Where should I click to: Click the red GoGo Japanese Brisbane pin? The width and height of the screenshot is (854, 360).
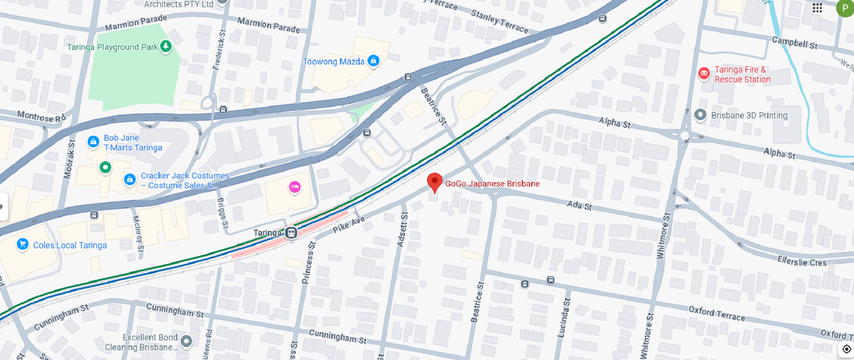point(435,182)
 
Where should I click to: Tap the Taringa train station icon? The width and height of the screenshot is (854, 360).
point(291,233)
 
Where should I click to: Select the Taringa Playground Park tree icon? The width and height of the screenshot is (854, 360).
point(166,46)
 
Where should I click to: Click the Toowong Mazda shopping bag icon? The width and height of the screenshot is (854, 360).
point(374,61)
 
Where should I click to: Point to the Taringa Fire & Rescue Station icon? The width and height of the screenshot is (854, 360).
point(704,73)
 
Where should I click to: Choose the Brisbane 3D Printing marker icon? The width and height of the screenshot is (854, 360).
point(700,115)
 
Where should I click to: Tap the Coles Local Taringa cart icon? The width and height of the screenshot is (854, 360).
point(23,244)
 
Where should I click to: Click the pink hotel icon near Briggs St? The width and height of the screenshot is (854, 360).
point(294,187)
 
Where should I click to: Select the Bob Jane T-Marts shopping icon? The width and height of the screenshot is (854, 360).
point(93,142)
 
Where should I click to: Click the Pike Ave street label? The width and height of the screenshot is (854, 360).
point(349,224)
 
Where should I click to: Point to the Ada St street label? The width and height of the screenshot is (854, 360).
point(579,205)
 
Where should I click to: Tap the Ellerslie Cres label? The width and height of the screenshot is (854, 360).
point(802,262)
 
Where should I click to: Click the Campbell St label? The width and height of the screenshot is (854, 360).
point(794,43)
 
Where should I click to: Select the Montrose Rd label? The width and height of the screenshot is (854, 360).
point(41,117)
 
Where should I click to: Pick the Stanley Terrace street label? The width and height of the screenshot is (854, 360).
point(500,21)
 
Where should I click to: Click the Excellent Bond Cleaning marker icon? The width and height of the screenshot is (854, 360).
point(186,341)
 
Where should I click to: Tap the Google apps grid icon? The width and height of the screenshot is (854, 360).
point(817,8)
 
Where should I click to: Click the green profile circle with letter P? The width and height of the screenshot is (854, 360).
point(845,8)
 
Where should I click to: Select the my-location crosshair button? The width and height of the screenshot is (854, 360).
point(846,349)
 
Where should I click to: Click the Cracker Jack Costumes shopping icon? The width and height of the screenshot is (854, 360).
point(130,179)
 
